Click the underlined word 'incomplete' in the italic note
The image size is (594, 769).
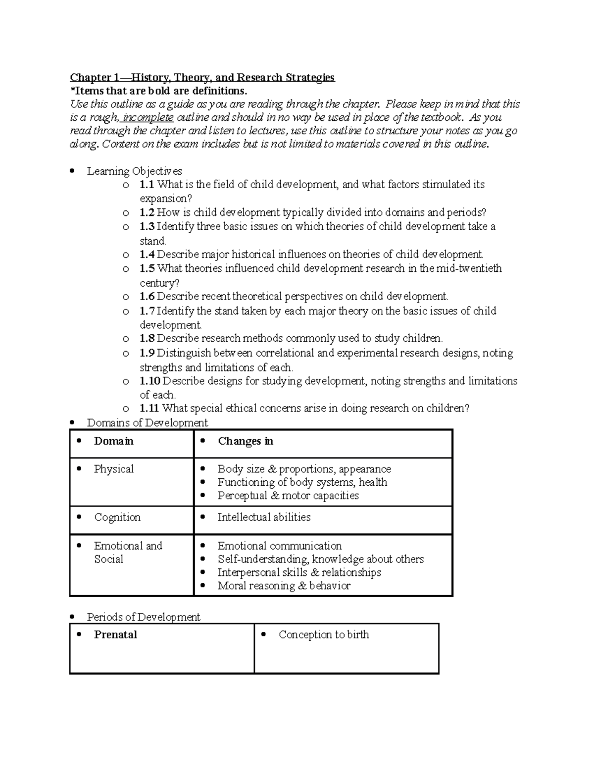point(148,118)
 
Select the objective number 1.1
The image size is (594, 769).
point(147,185)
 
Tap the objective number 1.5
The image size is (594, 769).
point(147,268)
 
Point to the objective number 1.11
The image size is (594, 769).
point(149,409)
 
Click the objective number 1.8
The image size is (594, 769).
point(147,339)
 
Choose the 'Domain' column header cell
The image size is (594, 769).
point(113,441)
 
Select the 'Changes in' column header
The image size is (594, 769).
point(246,441)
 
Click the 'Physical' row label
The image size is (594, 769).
point(113,469)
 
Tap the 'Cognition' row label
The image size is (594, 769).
point(117,517)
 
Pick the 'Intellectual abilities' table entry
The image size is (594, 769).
point(264,517)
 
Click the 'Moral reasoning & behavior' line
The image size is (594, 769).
point(284,586)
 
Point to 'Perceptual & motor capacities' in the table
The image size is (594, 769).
point(288,496)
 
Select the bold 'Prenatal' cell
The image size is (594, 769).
point(115,635)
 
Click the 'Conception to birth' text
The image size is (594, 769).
point(324,635)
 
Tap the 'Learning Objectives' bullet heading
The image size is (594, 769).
point(134,171)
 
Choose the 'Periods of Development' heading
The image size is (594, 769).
point(144,617)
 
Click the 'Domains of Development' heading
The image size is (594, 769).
point(147,423)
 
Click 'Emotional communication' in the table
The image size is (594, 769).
point(280,546)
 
